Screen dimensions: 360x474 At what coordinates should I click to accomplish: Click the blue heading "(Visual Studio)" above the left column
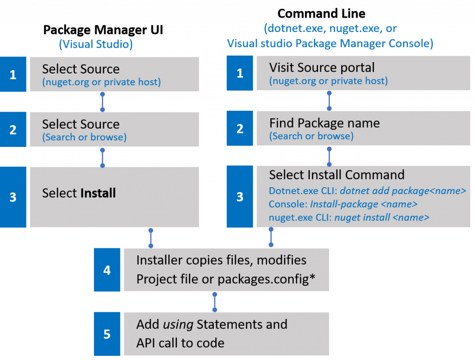click(96, 44)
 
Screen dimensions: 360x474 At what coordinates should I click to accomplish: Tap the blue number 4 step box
click(107, 270)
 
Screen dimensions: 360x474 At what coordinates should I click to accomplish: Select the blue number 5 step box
click(107, 334)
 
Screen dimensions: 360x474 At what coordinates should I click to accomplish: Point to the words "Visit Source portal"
click(322, 68)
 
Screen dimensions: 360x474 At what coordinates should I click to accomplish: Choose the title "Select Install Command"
click(337, 175)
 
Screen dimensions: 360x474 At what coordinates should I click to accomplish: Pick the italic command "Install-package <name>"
click(364, 204)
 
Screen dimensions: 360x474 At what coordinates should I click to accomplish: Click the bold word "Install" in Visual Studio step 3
click(98, 193)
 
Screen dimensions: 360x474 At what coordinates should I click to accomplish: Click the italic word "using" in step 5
click(178, 324)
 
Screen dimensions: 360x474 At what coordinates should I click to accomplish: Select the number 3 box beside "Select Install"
click(13, 197)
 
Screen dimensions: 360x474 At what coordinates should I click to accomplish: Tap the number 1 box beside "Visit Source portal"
click(240, 73)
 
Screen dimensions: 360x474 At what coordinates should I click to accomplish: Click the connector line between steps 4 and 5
click(214, 302)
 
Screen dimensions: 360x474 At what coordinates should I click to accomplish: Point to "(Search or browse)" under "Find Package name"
click(311, 136)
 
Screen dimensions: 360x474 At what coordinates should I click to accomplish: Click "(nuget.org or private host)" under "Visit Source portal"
click(328, 81)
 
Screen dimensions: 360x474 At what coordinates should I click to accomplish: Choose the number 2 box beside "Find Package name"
click(240, 129)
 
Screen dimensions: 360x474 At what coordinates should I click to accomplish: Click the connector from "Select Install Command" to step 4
click(271, 237)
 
